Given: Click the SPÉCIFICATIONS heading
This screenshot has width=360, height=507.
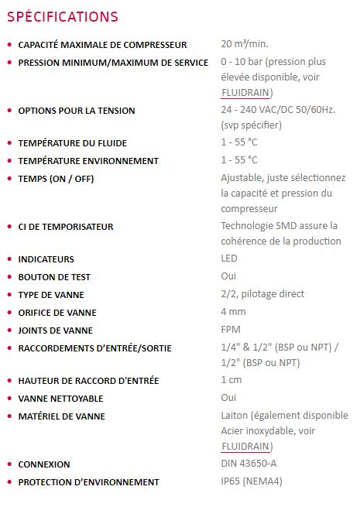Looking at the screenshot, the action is (x=63, y=16).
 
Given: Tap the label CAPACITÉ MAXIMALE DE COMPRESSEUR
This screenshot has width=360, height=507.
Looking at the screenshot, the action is (x=113, y=45).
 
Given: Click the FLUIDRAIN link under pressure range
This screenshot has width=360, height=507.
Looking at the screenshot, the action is (x=245, y=93).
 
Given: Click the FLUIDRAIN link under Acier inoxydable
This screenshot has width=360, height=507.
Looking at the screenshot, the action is (x=245, y=447).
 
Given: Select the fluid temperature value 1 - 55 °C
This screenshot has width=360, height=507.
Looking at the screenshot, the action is (x=239, y=143).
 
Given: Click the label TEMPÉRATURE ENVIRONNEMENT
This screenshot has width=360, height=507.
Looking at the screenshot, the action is (x=88, y=161).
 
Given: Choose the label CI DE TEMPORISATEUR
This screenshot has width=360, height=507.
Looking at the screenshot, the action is (x=66, y=227).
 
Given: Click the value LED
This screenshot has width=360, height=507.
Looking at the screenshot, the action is (x=229, y=259).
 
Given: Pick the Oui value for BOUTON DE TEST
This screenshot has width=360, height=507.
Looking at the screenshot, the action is (x=228, y=276).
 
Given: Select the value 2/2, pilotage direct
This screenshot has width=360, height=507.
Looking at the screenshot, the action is (x=262, y=294).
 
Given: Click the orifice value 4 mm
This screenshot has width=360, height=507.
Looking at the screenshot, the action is (x=233, y=312).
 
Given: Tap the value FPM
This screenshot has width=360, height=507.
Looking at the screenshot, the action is (x=230, y=330).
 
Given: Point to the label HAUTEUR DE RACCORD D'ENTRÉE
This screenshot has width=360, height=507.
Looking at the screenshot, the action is (x=89, y=381).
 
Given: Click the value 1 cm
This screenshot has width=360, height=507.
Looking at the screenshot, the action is (x=231, y=380).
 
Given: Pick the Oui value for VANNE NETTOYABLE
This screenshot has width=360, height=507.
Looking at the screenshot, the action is (x=228, y=398).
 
